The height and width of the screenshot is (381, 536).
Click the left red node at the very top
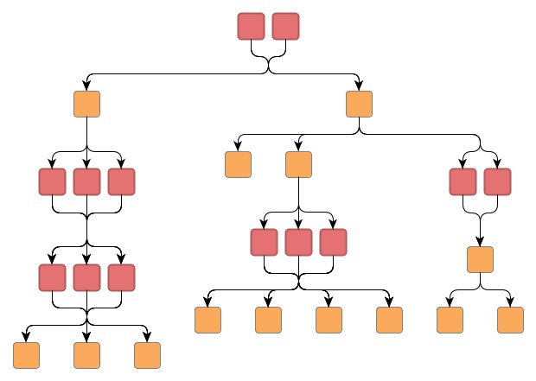[251, 26]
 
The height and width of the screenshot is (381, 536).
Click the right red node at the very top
[285, 26]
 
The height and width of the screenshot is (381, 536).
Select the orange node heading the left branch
[86, 104]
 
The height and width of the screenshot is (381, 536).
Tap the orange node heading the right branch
[359, 104]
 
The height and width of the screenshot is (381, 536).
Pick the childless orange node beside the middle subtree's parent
[238, 164]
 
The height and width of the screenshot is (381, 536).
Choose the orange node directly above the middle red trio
[298, 164]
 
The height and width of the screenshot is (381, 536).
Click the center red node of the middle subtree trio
[298, 242]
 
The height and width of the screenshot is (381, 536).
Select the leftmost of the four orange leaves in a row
[207, 320]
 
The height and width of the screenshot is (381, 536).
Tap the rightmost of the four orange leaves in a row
[389, 320]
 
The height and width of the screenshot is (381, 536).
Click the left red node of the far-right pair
[463, 181]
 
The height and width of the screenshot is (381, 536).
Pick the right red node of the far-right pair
[497, 181]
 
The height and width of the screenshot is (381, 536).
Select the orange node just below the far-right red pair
[480, 259]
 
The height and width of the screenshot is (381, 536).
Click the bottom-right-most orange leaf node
[510, 320]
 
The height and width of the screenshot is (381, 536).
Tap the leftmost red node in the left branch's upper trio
[52, 181]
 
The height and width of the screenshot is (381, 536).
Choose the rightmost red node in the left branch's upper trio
[121, 181]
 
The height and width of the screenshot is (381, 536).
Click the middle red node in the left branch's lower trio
[86, 276]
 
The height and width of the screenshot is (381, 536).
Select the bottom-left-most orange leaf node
[26, 355]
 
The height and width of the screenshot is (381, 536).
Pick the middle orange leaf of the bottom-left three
[86, 355]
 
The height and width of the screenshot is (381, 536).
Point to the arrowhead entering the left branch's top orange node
[86, 86]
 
